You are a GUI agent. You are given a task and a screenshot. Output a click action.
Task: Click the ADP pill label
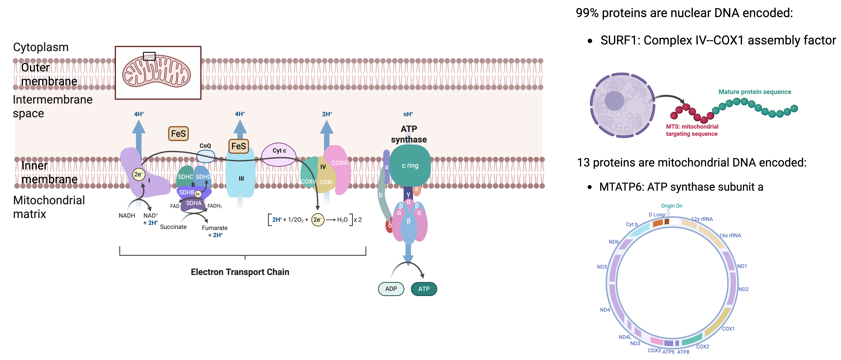tap(391, 289)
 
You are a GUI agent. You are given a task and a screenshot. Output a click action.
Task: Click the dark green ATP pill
tap(424, 289)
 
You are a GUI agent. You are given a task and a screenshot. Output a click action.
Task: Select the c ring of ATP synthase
tap(410, 165)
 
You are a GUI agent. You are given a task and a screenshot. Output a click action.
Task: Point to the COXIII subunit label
tap(340, 163)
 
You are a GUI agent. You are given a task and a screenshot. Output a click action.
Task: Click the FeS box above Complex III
tap(239, 146)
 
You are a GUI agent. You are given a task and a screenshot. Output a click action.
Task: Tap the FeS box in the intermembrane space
tap(178, 134)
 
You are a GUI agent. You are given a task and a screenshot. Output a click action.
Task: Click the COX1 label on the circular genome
tap(728, 329)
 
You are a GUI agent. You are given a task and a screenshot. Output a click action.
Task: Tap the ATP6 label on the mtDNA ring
tap(668, 352)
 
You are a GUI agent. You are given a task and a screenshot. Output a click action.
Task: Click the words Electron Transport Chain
tap(240, 272)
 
